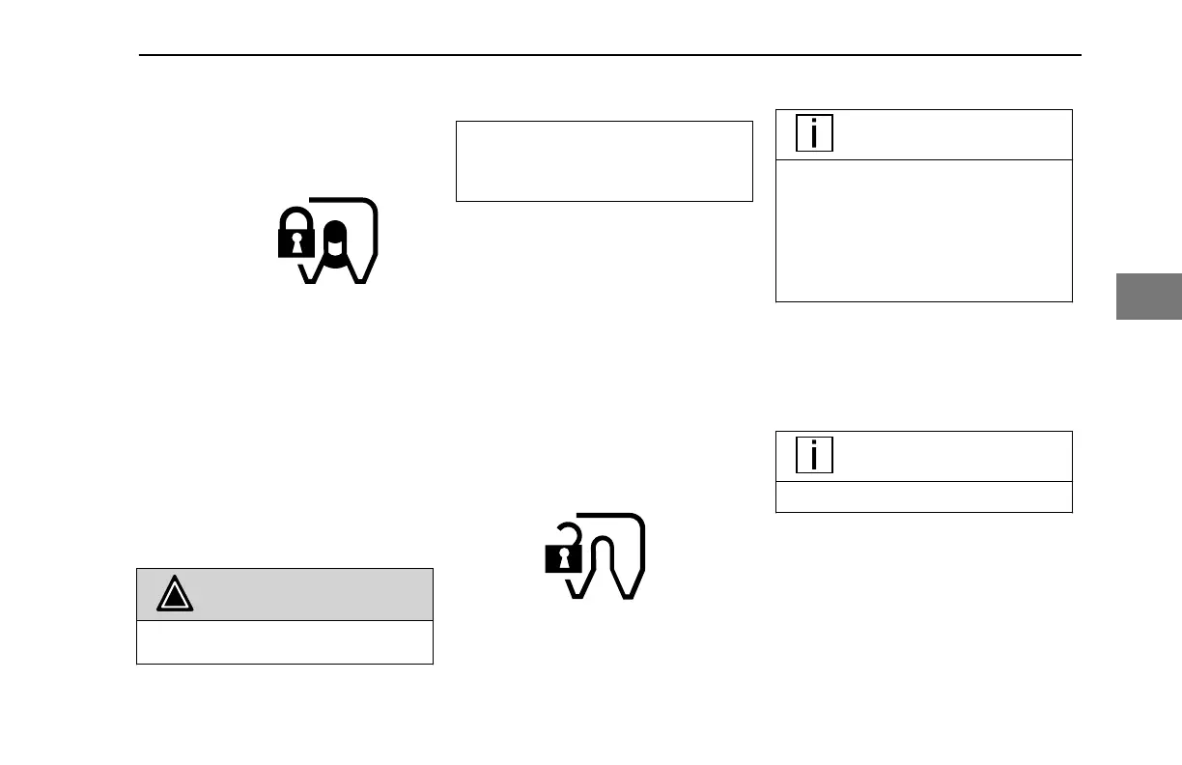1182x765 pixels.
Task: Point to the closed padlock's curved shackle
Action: [x=296, y=218]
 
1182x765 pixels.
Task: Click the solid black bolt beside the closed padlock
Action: [x=334, y=240]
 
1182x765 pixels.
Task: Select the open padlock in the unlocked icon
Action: [x=563, y=557]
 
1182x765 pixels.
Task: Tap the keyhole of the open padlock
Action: [x=563, y=559]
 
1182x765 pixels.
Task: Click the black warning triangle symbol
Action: [x=176, y=595]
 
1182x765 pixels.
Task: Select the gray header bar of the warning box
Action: [x=309, y=595]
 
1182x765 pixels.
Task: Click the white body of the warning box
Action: [x=284, y=642]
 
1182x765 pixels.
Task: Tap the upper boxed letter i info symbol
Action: [x=815, y=133]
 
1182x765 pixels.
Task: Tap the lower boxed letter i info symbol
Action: [x=815, y=455]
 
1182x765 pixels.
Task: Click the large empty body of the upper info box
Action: [x=924, y=231]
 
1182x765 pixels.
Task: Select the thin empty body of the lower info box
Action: [x=924, y=496]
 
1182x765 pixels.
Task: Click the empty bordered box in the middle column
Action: [x=604, y=160]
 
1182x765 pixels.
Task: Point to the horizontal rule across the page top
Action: [x=608, y=55]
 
